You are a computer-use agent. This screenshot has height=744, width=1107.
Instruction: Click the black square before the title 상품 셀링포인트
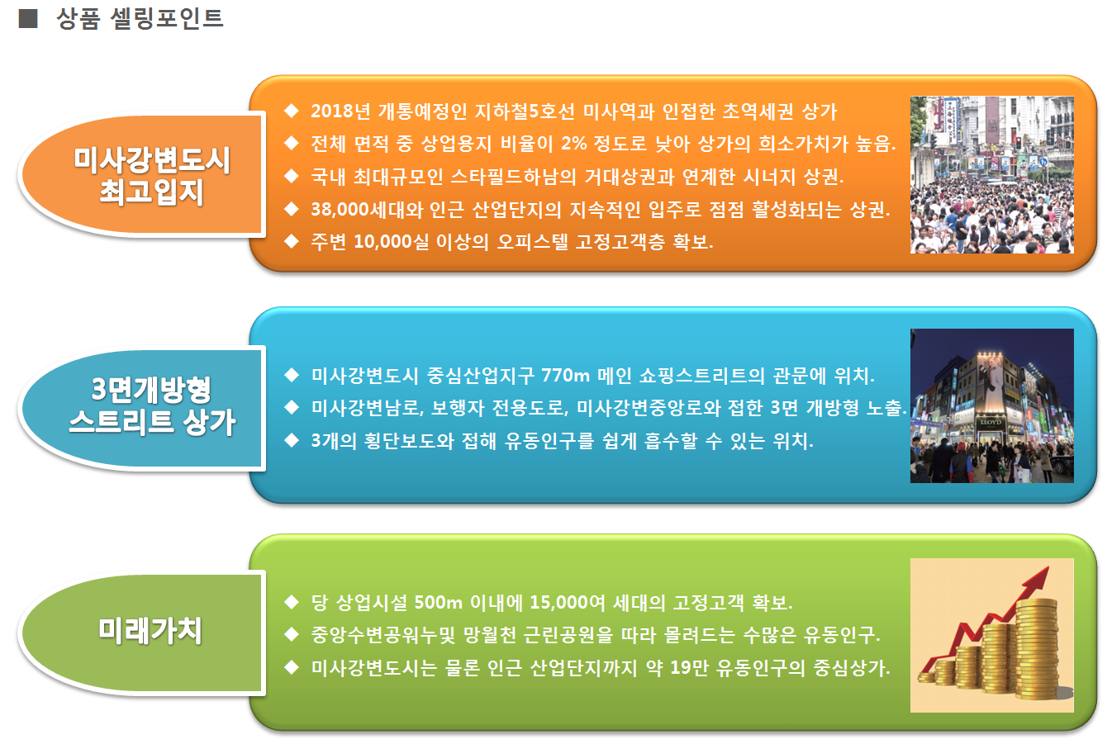coord(28,18)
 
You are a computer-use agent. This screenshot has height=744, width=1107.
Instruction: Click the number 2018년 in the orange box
coord(340,111)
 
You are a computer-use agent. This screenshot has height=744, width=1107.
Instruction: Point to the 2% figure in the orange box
coord(574,144)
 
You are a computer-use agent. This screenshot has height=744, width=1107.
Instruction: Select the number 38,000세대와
coord(367,210)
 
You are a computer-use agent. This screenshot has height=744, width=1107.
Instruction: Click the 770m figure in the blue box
coord(565,376)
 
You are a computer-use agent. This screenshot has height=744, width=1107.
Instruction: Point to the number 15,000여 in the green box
coord(568,603)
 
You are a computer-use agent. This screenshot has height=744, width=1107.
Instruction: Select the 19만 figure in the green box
coord(690,668)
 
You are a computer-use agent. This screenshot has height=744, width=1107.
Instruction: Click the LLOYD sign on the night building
coord(991,423)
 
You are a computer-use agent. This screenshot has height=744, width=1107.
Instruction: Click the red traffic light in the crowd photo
coord(1018,143)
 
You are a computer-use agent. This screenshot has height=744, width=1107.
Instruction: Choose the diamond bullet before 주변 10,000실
coord(292,242)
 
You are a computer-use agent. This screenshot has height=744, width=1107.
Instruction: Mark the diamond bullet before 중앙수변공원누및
coord(292,635)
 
